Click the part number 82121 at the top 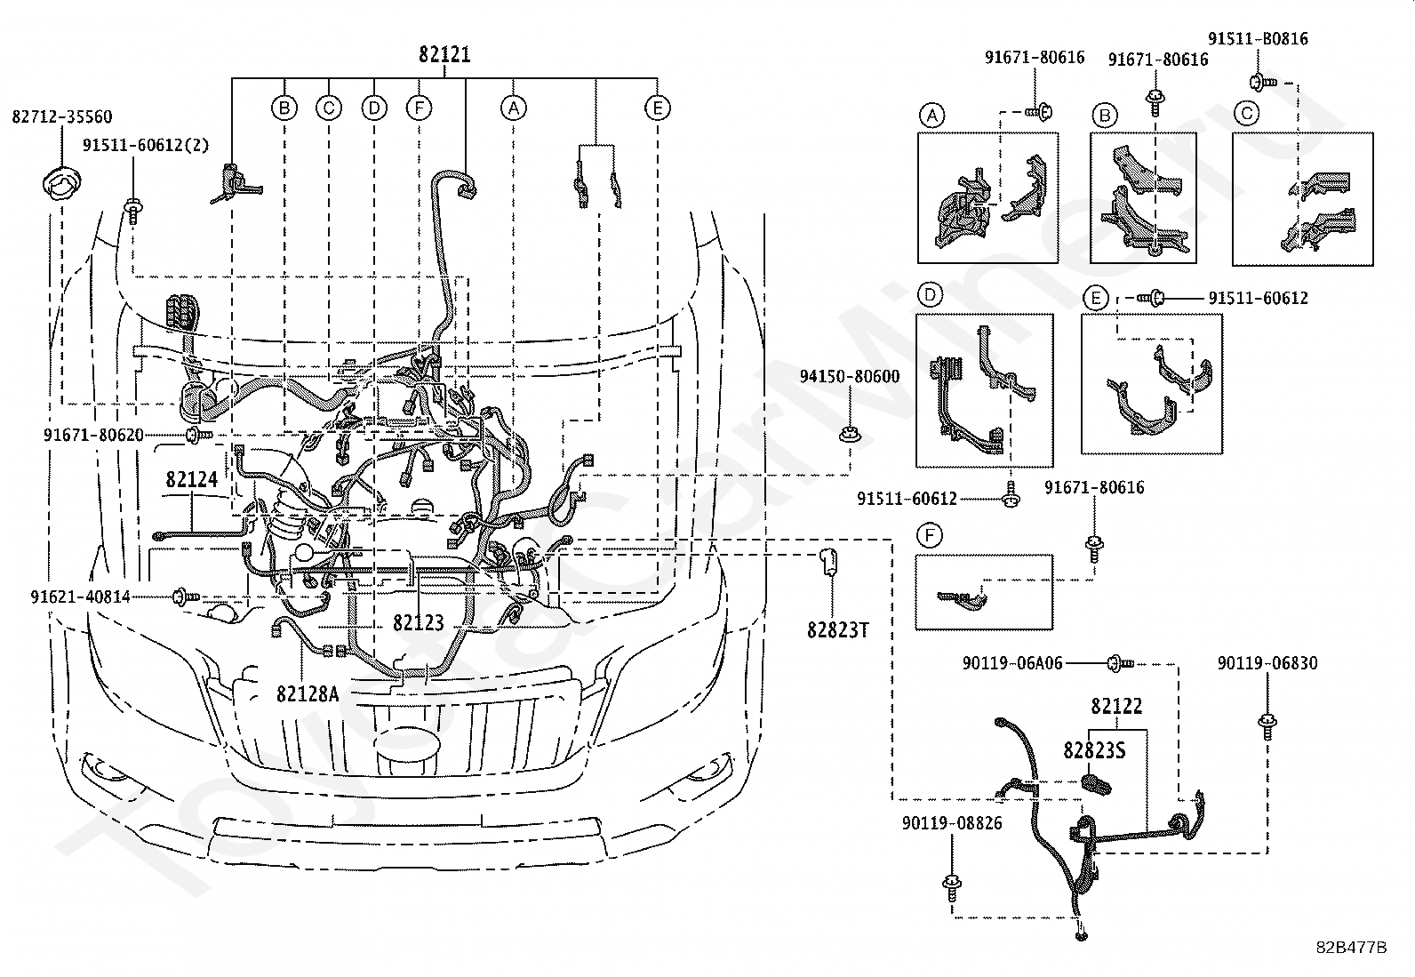click(444, 55)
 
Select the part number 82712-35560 click(62, 117)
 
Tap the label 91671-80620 click(93, 436)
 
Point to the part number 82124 click(192, 480)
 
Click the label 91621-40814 click(80, 597)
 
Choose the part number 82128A click(308, 694)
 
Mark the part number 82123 click(419, 623)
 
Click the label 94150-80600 click(850, 377)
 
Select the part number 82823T click(838, 630)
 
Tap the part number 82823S click(1094, 750)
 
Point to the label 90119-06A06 click(1012, 663)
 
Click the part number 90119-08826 click(952, 823)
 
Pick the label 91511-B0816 click(1259, 38)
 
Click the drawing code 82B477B click(1351, 948)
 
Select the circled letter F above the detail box click(929, 535)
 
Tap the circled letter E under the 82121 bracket click(658, 108)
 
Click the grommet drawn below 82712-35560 click(62, 183)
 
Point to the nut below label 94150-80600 click(850, 435)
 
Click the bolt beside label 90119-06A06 click(1120, 663)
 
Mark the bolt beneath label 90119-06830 click(1267, 725)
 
